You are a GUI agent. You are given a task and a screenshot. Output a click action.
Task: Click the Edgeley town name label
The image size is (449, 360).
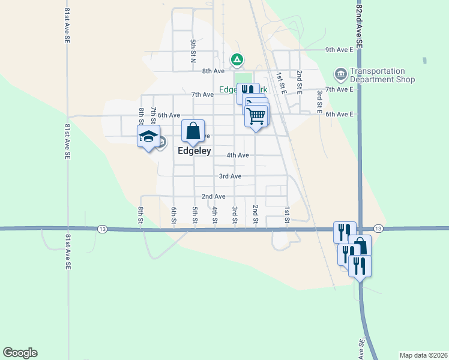click(194, 152)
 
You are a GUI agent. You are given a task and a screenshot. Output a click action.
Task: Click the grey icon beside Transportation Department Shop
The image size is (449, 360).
click(340, 74)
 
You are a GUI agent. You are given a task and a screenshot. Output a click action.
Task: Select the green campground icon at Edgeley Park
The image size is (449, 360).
click(237, 59)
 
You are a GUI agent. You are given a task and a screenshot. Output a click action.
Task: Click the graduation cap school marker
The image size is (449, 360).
click(148, 137)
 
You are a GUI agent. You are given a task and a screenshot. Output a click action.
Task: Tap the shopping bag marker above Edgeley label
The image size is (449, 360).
click(193, 131)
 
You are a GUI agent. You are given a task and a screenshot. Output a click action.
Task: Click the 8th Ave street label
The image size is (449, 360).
click(213, 71)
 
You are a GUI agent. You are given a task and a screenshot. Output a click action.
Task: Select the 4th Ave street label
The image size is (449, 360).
click(238, 155)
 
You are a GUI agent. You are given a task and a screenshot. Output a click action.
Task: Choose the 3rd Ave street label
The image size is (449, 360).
click(230, 176)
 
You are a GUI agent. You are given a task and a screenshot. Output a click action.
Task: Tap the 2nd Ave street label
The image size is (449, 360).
click(213, 197)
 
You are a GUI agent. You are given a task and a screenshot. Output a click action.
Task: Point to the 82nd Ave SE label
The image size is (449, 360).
click(359, 24)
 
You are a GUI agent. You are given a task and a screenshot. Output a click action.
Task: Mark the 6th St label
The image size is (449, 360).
click(173, 215)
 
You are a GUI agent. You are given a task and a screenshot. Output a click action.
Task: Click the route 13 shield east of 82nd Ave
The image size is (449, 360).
click(378, 229)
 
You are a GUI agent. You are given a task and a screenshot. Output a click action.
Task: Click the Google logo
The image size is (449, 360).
click(20, 353)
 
